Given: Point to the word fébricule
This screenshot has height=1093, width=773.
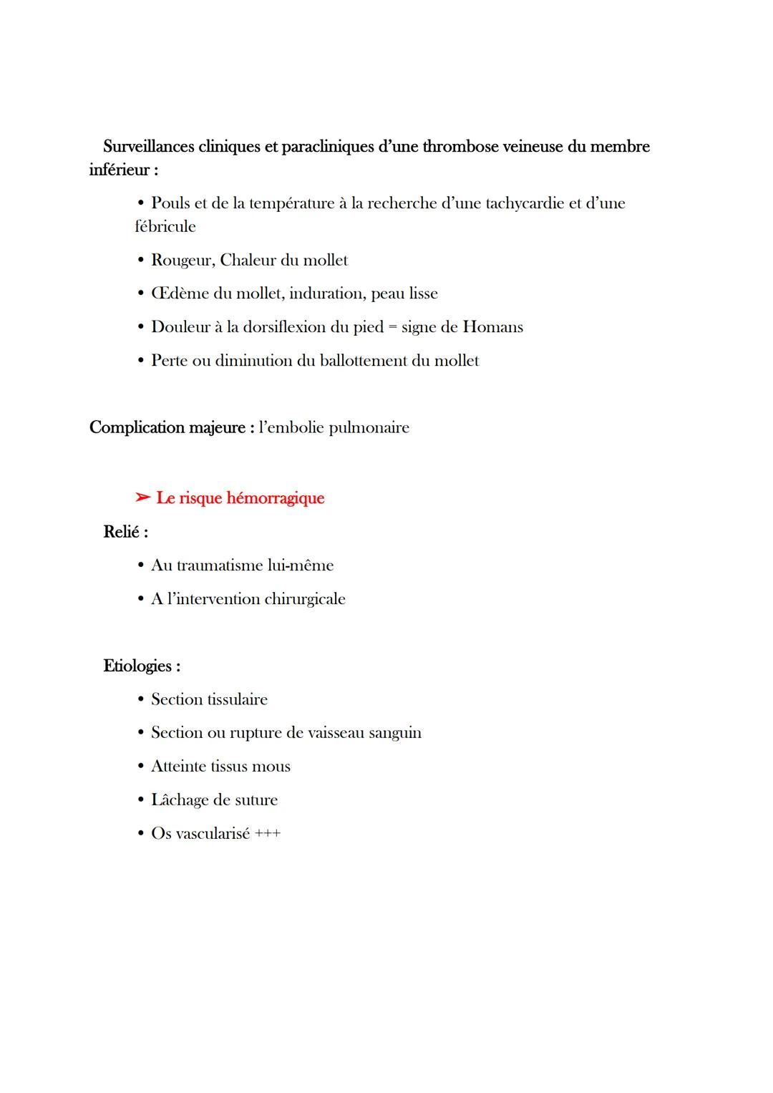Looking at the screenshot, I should coord(165,227).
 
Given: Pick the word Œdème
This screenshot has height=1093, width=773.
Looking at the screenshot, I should coord(180,293).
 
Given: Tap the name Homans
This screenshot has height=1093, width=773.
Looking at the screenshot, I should coord(493,327).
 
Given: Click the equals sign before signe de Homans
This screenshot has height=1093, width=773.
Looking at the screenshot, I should coord(392,328).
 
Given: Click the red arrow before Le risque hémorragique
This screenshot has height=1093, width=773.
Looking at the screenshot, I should coord(142,497).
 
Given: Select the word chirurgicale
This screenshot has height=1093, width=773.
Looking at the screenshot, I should coord(304,599).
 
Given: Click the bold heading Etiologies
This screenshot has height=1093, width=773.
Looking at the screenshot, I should coord(138,666).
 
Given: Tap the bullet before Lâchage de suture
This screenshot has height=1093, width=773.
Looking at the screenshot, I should coord(141,800).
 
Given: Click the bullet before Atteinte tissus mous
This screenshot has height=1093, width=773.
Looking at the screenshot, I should coord(141,767).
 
